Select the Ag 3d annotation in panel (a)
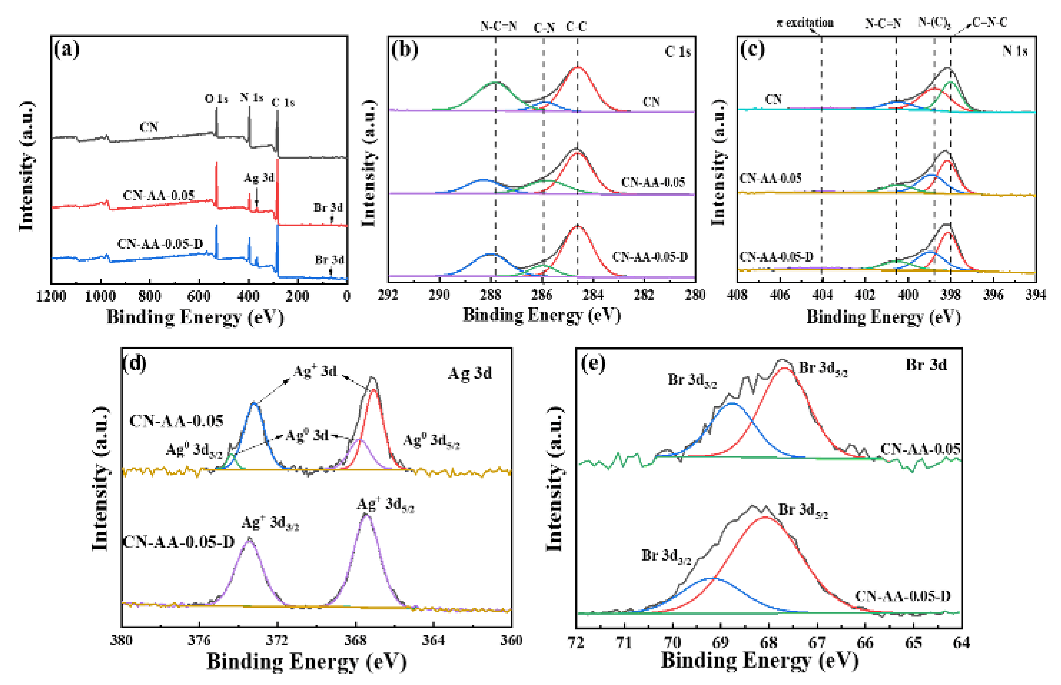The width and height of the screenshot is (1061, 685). [259, 178]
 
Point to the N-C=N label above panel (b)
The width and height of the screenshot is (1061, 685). [498, 26]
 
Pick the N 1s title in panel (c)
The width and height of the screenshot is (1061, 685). [1014, 51]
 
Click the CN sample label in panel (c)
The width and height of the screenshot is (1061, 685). [773, 99]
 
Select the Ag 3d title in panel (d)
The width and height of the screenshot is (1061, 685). [469, 373]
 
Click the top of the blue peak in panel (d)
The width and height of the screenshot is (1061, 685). [254, 404]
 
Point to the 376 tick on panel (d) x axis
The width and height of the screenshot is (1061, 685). [199, 640]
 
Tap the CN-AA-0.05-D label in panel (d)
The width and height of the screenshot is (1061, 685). [178, 542]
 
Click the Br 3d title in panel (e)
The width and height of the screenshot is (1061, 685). [926, 365]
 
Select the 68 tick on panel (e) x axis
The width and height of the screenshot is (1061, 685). [769, 643]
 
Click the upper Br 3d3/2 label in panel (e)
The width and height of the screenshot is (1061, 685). [692, 380]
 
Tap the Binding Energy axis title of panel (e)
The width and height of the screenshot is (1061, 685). [760, 660]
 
